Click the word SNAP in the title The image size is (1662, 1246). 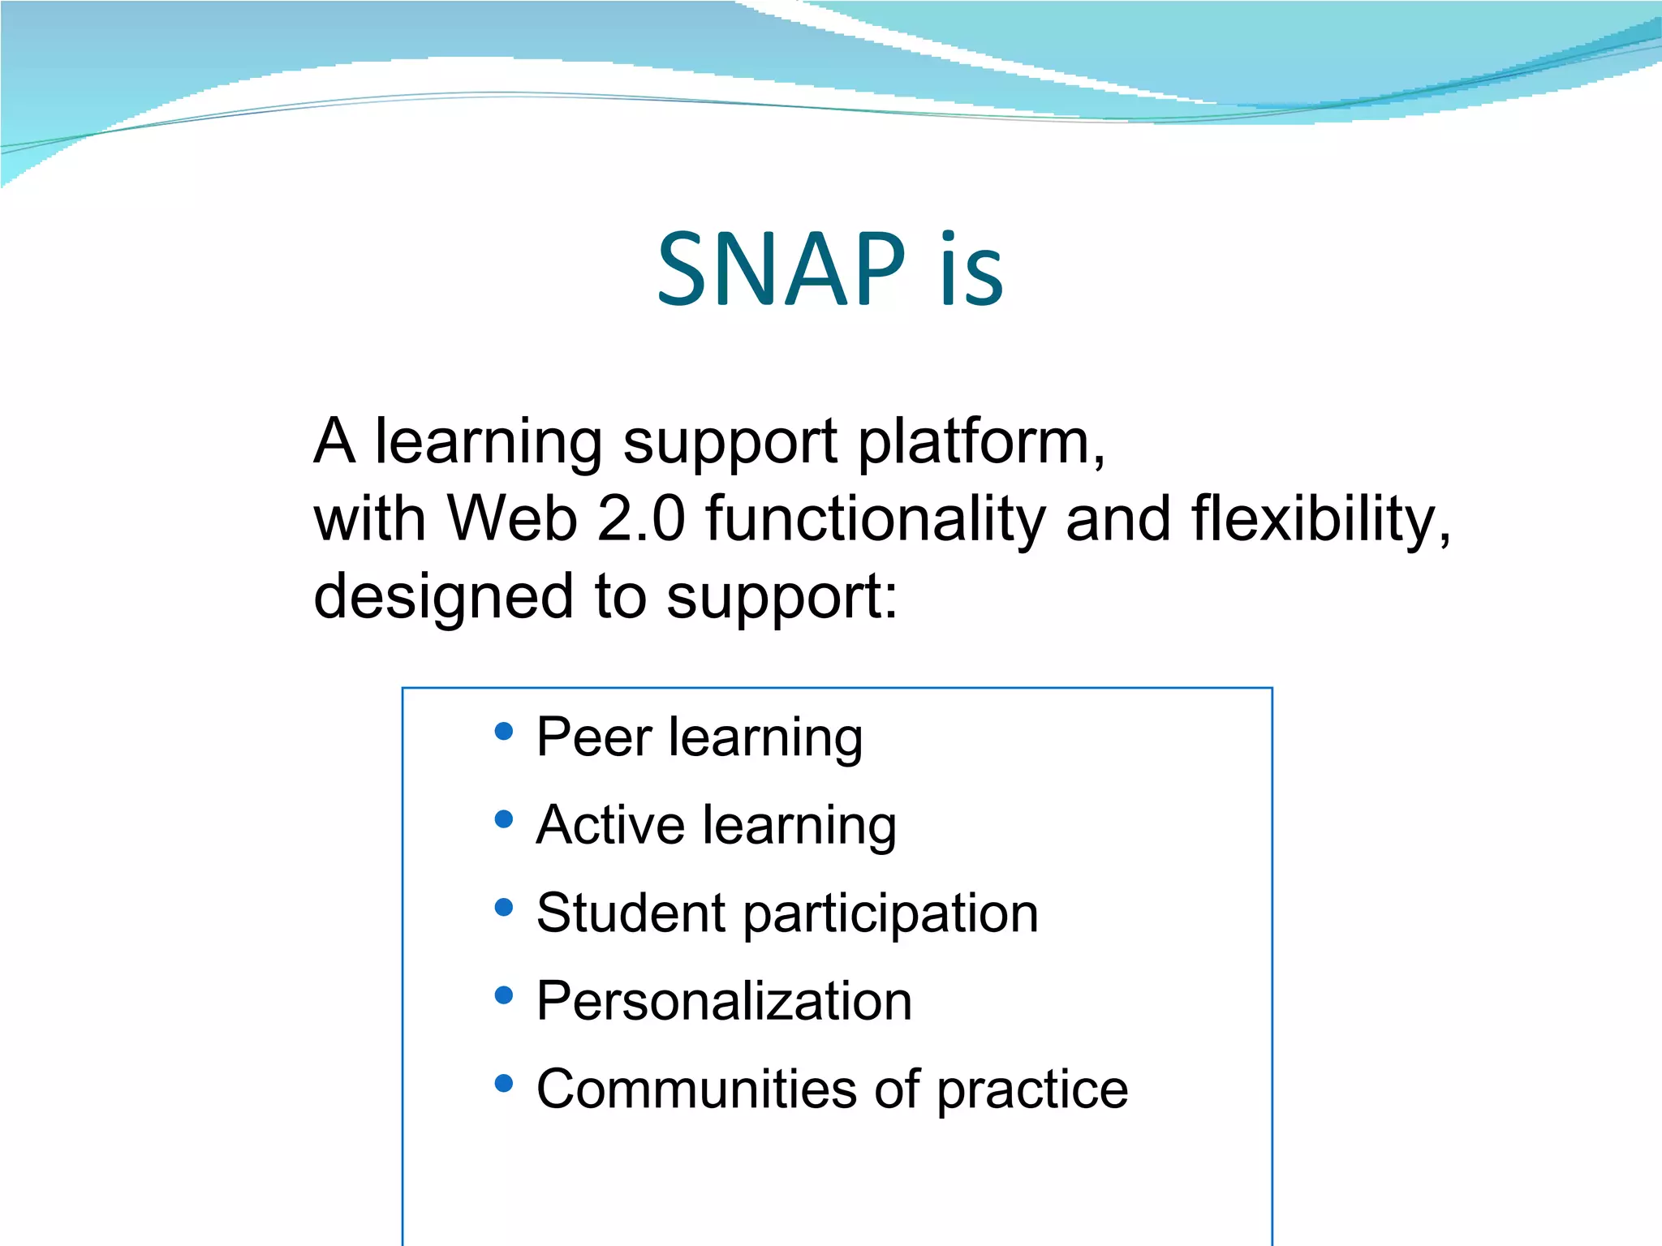(x=781, y=269)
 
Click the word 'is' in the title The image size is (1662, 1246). (x=971, y=269)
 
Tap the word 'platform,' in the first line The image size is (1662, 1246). (x=981, y=442)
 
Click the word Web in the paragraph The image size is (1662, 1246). (x=512, y=519)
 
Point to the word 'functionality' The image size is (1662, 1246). (x=876, y=519)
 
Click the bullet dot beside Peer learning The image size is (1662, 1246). (x=504, y=732)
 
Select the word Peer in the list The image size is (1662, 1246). (x=594, y=737)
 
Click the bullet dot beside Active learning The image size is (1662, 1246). (x=504, y=819)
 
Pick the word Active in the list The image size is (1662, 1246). (x=610, y=825)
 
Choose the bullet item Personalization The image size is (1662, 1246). (x=724, y=1001)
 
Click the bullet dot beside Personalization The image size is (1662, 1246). (x=504, y=995)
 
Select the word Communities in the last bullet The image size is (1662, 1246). (x=696, y=1089)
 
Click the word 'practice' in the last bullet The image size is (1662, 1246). (x=1032, y=1090)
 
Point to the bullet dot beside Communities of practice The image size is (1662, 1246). (x=504, y=1083)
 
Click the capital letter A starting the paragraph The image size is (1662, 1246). (x=334, y=442)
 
